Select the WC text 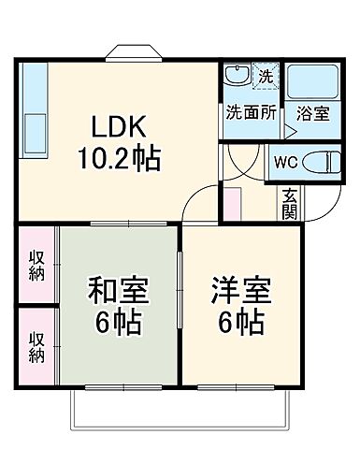[x=284, y=160]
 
